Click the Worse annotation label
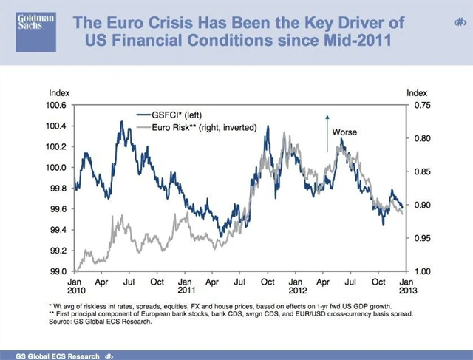click(344, 132)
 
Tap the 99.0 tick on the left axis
click(59, 271)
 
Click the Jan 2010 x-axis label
click(75, 286)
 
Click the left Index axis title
click(58, 93)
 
